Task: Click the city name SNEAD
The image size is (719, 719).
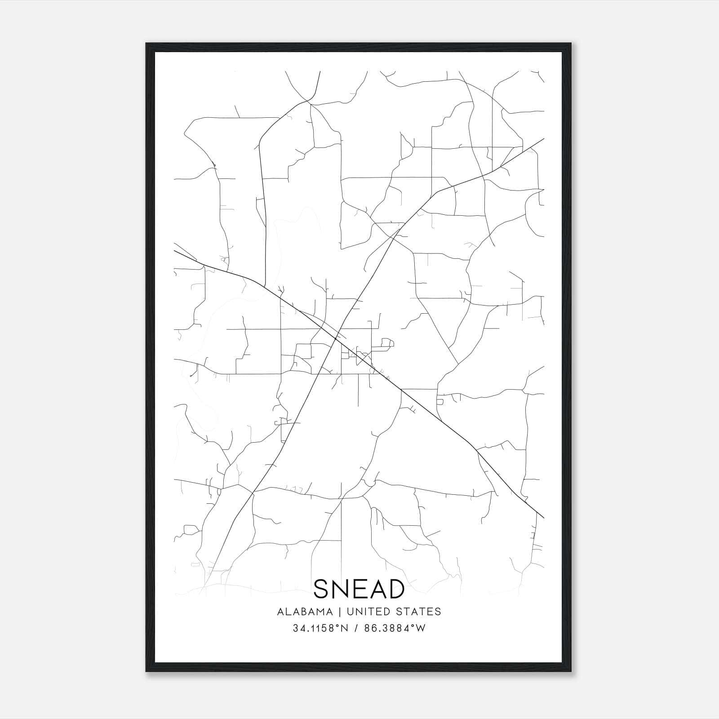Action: pyautogui.click(x=359, y=589)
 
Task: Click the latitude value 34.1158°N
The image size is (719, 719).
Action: pyautogui.click(x=320, y=628)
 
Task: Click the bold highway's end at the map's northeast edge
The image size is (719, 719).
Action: pyautogui.click(x=544, y=138)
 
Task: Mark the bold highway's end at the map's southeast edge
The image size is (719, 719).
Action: pyautogui.click(x=544, y=518)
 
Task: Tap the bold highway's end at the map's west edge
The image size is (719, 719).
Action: pyautogui.click(x=174, y=250)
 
